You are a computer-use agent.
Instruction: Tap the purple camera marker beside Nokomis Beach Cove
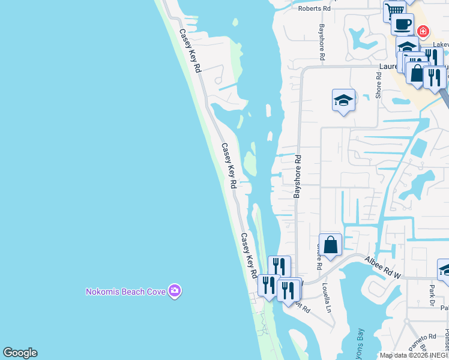pos(175,291)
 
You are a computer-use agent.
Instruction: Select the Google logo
pos(20,353)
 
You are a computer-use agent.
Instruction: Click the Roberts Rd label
pos(315,9)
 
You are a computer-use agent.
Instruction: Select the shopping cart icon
pos(394,10)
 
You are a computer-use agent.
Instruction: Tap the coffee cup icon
pos(402,24)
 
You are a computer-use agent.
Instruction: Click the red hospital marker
pos(423,30)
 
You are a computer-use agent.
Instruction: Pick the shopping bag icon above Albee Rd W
pos(330,244)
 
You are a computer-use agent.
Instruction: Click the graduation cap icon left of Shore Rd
pos(343,100)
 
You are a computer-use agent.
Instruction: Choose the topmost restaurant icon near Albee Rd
pos(279,266)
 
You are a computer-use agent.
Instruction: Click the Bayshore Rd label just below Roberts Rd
pos(322,43)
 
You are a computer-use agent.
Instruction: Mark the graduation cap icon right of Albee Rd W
pos(445,270)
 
